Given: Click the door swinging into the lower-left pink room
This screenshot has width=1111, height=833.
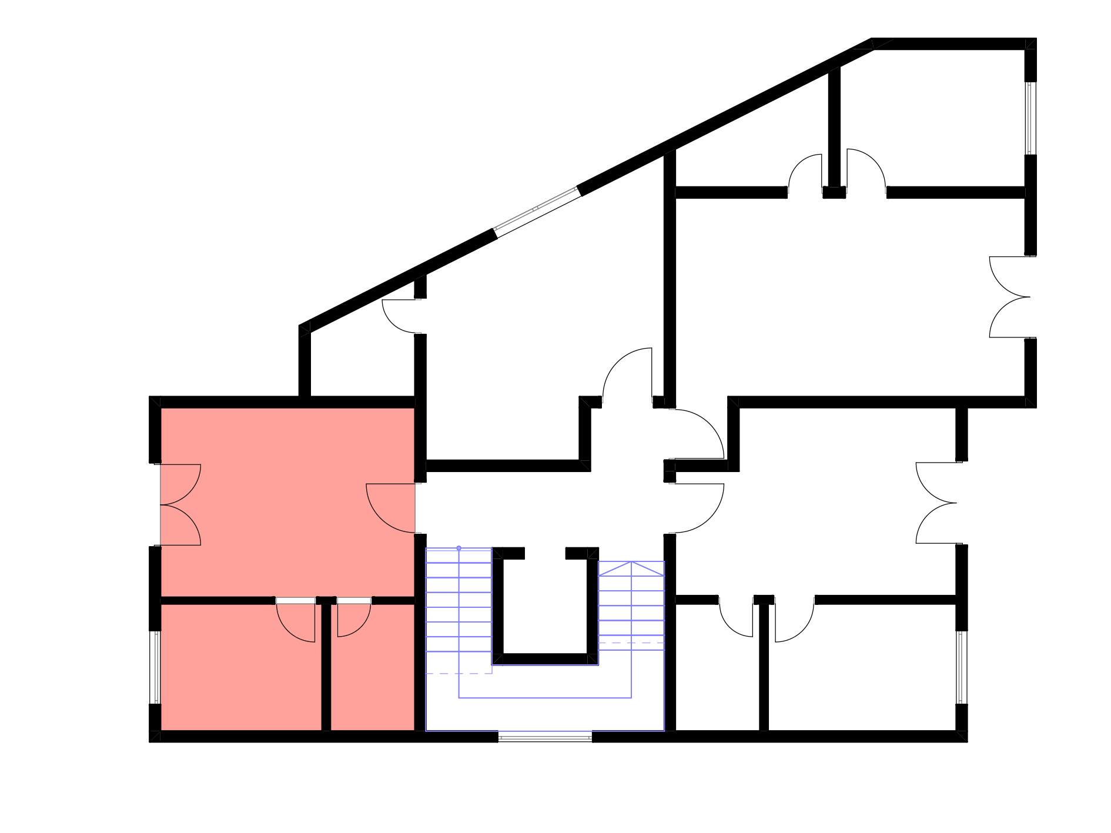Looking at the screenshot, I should click(297, 620).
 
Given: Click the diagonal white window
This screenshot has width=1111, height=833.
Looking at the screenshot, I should click(537, 212).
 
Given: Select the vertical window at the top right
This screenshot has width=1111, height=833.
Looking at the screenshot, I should click(1030, 118).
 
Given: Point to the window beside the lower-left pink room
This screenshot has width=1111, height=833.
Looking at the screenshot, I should click(155, 667).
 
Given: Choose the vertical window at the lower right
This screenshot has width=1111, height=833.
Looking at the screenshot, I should click(962, 667).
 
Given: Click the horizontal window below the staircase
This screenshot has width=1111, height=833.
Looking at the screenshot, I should click(545, 736).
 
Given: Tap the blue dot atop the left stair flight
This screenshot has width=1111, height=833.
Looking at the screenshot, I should click(459, 548).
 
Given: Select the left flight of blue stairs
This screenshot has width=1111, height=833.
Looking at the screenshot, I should click(459, 605).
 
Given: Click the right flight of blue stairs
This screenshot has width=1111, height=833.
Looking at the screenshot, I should click(631, 605).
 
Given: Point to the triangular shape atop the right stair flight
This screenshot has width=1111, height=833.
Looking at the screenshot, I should click(631, 568).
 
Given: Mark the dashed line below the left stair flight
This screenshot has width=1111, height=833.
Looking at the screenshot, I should click(459, 674).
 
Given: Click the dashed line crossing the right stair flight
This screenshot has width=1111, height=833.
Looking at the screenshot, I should click(631, 643).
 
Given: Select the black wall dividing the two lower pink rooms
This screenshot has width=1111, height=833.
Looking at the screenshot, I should click(326, 667).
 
